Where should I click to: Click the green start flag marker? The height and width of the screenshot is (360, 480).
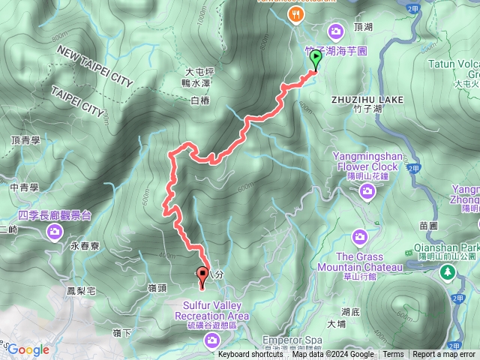click(315, 58)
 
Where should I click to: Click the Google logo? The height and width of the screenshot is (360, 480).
click(28, 349)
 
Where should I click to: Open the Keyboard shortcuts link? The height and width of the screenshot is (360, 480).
click(250, 355)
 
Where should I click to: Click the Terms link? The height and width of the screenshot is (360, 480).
click(393, 355)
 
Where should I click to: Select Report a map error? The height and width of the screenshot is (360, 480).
click(444, 355)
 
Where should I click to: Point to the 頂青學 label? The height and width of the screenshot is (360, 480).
click(25, 139)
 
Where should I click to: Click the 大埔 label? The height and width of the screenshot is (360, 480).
click(336, 324)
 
